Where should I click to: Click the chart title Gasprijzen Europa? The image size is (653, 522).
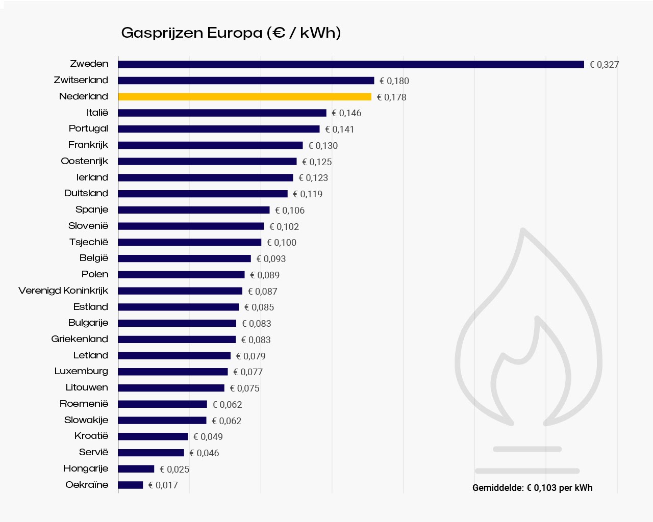click(x=231, y=33)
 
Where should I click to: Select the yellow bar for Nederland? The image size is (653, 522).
click(x=244, y=97)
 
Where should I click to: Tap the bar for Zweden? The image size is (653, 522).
click(x=350, y=64)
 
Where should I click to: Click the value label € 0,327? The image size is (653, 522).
click(x=604, y=65)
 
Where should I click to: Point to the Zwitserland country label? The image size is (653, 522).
click(x=81, y=80)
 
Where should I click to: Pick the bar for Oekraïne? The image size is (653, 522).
click(x=130, y=485)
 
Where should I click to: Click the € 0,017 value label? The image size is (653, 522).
click(x=163, y=485)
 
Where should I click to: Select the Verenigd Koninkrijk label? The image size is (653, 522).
click(x=63, y=291)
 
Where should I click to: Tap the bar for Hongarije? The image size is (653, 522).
click(x=136, y=469)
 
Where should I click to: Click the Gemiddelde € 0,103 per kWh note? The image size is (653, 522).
click(x=532, y=488)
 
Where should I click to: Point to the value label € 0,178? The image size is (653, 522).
click(x=392, y=97)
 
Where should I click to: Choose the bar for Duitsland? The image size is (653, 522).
click(x=203, y=194)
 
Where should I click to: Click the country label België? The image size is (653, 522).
click(x=94, y=258)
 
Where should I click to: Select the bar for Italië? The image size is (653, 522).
click(x=222, y=113)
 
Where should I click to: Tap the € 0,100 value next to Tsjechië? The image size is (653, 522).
click(x=282, y=243)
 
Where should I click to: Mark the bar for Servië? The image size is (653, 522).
click(x=150, y=453)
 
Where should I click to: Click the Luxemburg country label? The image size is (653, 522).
click(x=81, y=371)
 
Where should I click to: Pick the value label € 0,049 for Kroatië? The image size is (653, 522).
click(x=208, y=437)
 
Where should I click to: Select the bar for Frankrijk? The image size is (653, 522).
click(x=210, y=145)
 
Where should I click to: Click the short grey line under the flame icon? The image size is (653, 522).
click(x=527, y=449)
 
